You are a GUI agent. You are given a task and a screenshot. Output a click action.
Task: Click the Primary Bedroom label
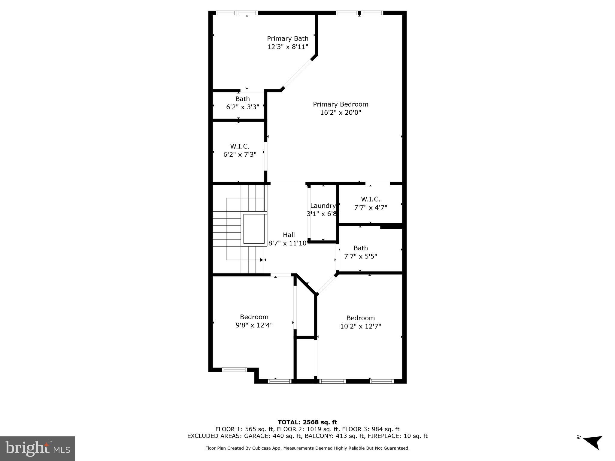(x=341, y=104)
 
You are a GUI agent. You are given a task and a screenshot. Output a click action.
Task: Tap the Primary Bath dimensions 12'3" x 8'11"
(x=288, y=47)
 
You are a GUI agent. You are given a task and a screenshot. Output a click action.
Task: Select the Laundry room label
(x=323, y=206)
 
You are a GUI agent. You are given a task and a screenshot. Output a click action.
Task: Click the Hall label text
(x=289, y=235)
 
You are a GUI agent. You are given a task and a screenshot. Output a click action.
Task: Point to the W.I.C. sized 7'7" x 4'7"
(x=371, y=203)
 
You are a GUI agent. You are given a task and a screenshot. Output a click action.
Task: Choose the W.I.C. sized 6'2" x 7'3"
(x=240, y=150)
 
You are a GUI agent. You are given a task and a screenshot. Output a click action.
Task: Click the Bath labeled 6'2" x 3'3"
(x=242, y=103)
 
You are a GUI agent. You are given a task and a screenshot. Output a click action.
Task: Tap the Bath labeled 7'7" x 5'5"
(x=360, y=252)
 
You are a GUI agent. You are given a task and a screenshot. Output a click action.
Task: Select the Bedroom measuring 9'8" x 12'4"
(x=254, y=321)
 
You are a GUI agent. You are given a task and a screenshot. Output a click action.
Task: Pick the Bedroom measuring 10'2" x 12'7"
(x=360, y=322)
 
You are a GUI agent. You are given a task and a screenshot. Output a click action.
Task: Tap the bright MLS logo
(x=37, y=448)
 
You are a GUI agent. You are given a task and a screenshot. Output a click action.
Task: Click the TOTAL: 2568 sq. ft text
(x=307, y=422)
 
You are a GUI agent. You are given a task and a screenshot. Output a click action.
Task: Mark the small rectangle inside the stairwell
(x=255, y=229)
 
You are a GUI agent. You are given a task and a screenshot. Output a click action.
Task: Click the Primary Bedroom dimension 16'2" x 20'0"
(x=341, y=113)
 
